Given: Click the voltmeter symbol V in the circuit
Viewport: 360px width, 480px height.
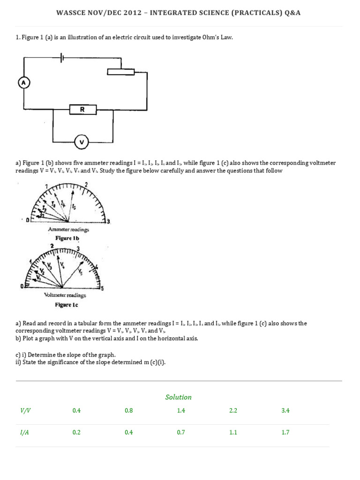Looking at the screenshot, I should tap(82, 141).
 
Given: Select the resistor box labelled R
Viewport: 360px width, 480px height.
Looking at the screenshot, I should tap(82, 110).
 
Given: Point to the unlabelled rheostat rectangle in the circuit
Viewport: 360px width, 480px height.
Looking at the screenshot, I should tap(120, 72).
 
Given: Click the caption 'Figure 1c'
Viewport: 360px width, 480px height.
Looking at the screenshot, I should tap(67, 305).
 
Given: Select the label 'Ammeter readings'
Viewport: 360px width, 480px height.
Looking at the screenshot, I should tap(68, 230).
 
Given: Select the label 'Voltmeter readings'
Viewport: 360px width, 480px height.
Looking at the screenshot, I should tap(65, 295).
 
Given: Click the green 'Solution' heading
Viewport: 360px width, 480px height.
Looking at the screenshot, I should tap(178, 397).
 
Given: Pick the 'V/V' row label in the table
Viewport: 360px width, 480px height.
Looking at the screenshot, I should tap(24, 410).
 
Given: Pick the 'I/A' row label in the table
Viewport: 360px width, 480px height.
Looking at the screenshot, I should tap(24, 433).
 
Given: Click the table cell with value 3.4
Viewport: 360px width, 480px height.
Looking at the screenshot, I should tap(285, 410).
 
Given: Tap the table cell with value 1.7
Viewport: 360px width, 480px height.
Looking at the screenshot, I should tap(285, 433).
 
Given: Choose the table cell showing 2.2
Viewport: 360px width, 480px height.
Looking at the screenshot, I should tap(233, 410).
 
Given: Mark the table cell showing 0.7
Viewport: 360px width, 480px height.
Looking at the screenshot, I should tap(181, 433).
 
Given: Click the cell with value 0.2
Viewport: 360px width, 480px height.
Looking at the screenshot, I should tap(76, 433).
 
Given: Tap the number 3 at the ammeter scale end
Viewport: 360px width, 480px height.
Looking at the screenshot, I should tap(109, 221).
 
